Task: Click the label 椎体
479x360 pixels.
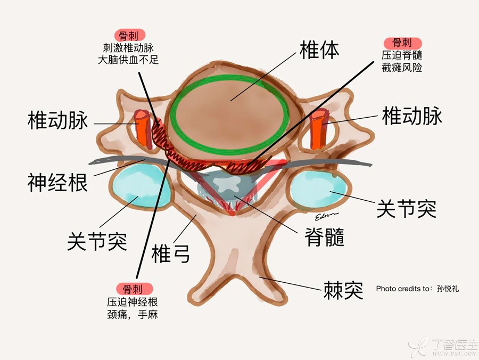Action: pyautogui.click(x=319, y=51)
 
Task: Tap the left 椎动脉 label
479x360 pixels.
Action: pyautogui.click(x=57, y=120)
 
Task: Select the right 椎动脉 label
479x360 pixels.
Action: pyautogui.click(x=412, y=116)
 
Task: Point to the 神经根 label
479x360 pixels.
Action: pyautogui.click(x=57, y=183)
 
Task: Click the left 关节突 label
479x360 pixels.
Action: pyautogui.click(x=97, y=241)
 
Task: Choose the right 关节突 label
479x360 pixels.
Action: pyautogui.click(x=406, y=209)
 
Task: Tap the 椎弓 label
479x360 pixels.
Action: pyautogui.click(x=171, y=253)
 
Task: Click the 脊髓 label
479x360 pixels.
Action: pyautogui.click(x=325, y=237)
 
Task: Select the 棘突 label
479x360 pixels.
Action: pyautogui.click(x=343, y=290)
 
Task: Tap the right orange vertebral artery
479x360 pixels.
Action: pyautogui.click(x=318, y=129)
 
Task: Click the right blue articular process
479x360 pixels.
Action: pyautogui.click(x=319, y=189)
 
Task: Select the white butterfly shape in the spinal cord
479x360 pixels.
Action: pyautogui.click(x=227, y=184)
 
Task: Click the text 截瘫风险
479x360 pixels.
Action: pyautogui.click(x=402, y=67)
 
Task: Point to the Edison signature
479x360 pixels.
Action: pyautogui.click(x=327, y=216)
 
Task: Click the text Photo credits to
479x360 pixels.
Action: pyautogui.click(x=403, y=289)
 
